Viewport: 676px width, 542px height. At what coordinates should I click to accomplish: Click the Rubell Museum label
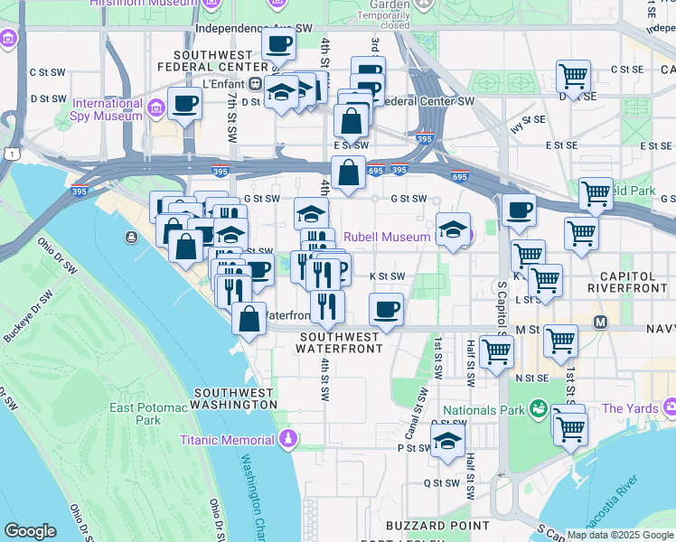(391, 238)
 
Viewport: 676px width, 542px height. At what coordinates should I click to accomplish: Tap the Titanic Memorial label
(226, 440)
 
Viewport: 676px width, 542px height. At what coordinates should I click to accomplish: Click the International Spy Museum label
(108, 109)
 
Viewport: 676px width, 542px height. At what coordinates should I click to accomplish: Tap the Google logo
(30, 531)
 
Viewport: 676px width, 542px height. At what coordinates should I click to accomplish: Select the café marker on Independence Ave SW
(279, 42)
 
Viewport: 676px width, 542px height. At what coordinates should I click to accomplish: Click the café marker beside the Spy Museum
(184, 103)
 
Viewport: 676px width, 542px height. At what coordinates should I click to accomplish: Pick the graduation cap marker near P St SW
(446, 442)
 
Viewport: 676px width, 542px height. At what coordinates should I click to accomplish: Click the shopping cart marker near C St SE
(573, 76)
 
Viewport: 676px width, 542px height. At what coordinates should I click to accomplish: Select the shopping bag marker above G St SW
(348, 172)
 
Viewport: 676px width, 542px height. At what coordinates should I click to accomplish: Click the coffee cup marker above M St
(386, 309)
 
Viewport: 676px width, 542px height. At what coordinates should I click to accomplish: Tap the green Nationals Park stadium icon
(539, 409)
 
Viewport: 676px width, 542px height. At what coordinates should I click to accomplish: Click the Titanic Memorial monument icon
(287, 439)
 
